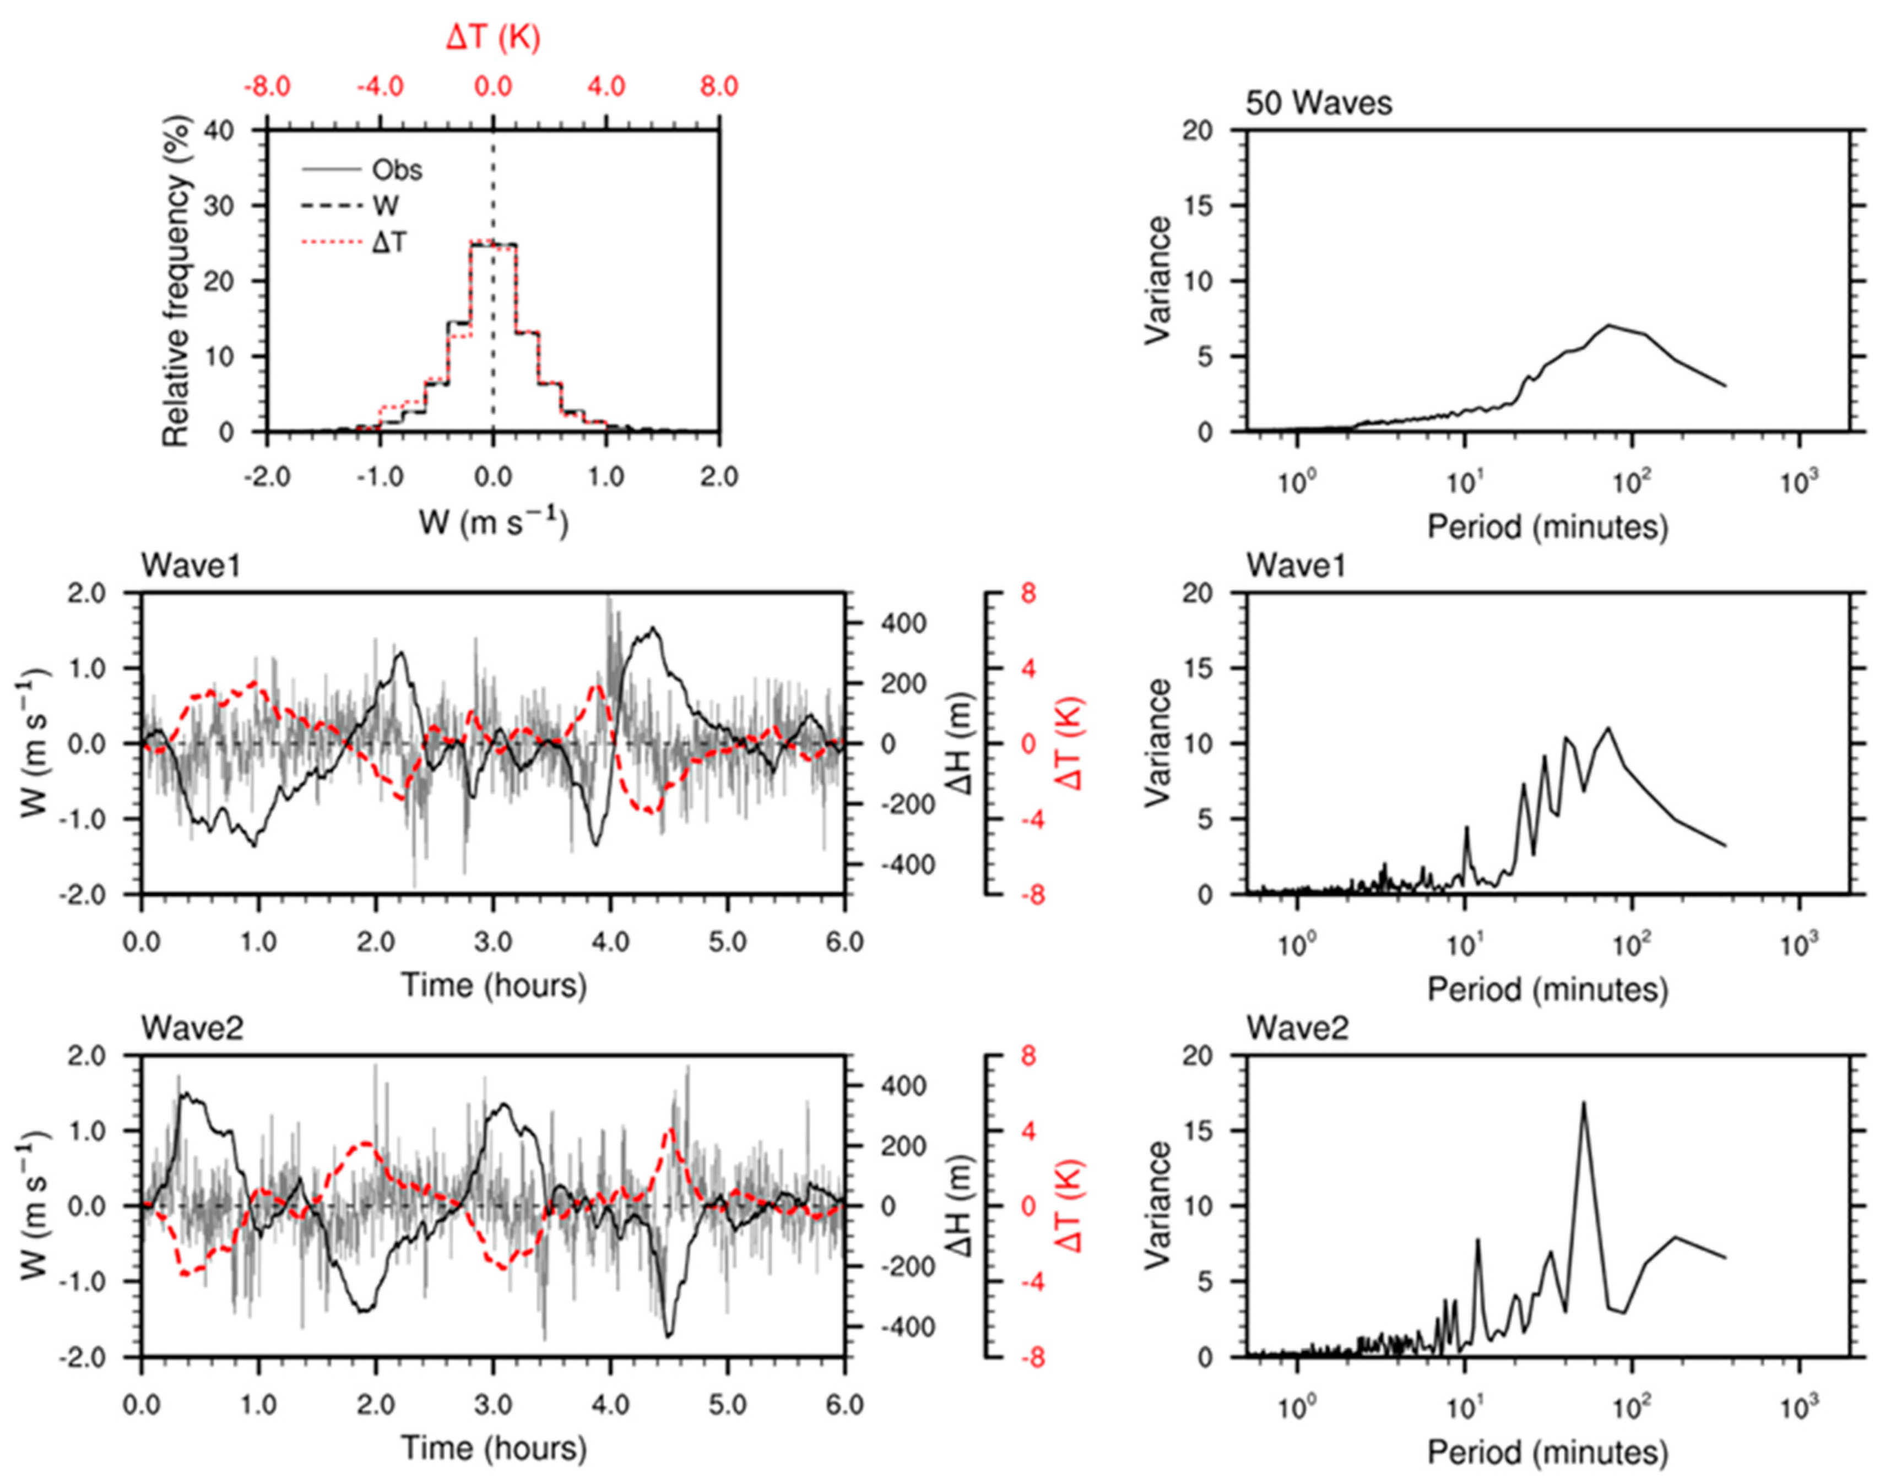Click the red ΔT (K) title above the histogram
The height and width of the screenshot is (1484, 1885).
click(493, 38)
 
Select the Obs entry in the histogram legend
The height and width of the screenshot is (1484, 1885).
click(396, 170)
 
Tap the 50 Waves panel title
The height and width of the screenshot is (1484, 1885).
click(1318, 104)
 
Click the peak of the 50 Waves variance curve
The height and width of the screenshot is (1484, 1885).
click(1608, 325)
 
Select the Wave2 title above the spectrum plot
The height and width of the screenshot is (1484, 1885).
click(1297, 1029)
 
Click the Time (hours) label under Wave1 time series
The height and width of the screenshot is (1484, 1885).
click(493, 985)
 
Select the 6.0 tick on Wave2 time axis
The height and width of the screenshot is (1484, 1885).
click(844, 1405)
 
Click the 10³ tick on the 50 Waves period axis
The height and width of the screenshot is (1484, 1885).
click(1799, 483)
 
